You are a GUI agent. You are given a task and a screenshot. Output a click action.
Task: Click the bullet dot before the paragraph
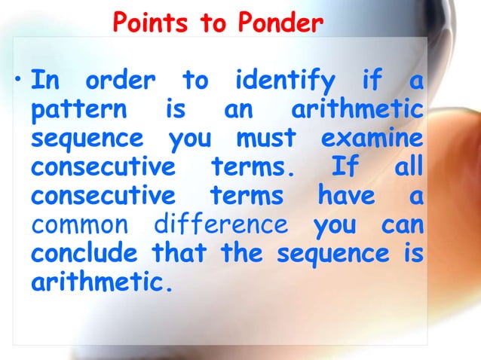pos(17,79)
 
